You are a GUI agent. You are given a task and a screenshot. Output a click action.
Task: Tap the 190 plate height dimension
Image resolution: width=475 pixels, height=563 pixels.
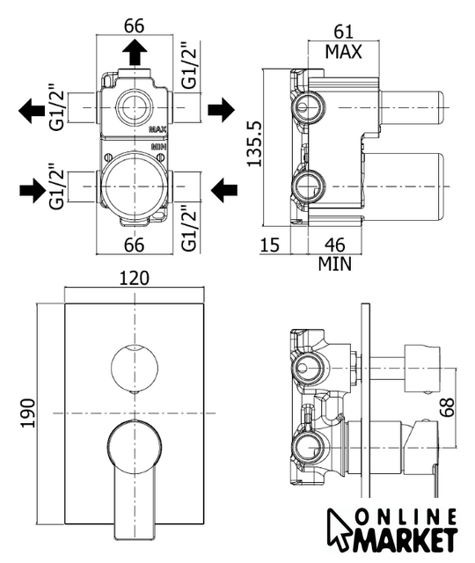[x=28, y=413]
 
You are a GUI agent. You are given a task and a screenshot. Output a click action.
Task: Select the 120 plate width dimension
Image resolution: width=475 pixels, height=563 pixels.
[x=134, y=278]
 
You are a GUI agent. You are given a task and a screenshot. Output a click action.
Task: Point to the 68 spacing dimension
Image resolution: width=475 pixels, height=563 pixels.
[x=448, y=407]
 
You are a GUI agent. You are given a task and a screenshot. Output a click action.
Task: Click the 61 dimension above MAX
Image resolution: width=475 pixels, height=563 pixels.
[x=344, y=32]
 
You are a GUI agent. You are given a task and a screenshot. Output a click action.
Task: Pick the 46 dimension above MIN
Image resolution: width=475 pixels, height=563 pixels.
[x=334, y=245]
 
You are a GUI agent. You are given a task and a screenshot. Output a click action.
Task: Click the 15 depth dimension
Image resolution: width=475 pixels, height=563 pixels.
[x=269, y=245]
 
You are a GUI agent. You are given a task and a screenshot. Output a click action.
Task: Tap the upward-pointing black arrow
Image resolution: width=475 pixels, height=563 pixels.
[x=135, y=53]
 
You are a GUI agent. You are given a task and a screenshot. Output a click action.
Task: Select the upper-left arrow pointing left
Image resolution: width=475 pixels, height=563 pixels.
[x=32, y=111]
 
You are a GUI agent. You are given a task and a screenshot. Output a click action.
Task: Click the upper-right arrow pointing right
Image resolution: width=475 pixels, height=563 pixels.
[x=221, y=109]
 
